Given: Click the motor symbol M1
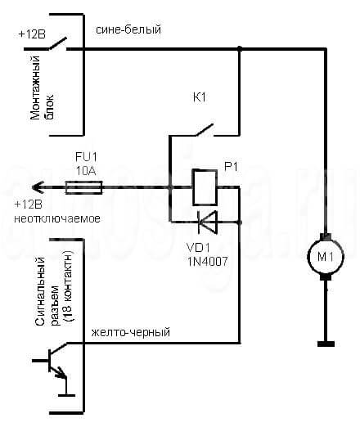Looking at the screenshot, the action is (x=326, y=256).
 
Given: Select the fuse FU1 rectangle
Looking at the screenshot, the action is (x=84, y=187).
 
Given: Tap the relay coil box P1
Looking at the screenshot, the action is (x=205, y=187).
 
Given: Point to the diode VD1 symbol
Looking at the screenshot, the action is (x=208, y=222).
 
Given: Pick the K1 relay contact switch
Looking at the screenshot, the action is (x=205, y=130).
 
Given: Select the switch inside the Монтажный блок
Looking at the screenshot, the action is (x=58, y=44).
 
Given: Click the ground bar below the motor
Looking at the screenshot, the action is (x=326, y=344).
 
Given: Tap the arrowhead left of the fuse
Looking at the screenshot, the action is (x=38, y=187).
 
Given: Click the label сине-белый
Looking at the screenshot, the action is (x=128, y=29).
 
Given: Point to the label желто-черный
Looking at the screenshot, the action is (x=131, y=332).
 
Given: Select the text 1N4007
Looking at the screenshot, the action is (x=207, y=262).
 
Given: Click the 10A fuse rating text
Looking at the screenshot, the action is (x=86, y=171).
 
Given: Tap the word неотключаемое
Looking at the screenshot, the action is (x=57, y=218).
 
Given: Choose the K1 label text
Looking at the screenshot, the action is (x=200, y=97).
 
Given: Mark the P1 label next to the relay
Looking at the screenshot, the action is (x=231, y=167).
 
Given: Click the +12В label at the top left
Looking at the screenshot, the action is (x=32, y=34).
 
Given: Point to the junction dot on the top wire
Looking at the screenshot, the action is (x=240, y=49).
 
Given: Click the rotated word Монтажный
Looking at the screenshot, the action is (x=35, y=88).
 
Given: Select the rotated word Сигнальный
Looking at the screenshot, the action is (x=40, y=291).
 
